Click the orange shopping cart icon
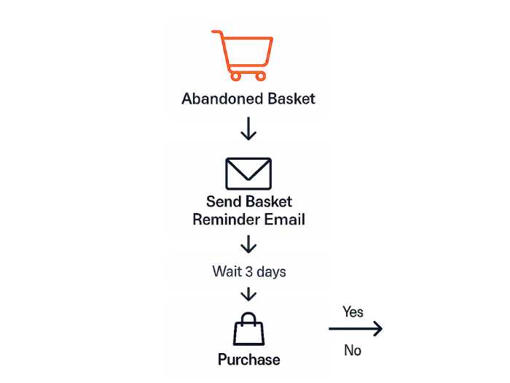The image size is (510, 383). click(243, 54)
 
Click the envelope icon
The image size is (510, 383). click(248, 174)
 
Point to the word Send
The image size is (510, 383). click(223, 201)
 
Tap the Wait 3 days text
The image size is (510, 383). click(248, 271)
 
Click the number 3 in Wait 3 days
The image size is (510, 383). click(252, 271)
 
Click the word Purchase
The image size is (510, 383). click(248, 359)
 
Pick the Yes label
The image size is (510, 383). click(353, 312)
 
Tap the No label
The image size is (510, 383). click(353, 351)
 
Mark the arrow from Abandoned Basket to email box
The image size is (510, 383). click(249, 129)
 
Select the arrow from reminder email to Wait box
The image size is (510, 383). click(249, 245)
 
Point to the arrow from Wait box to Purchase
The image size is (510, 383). click(249, 295)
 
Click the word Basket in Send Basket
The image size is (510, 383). click(267, 201)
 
